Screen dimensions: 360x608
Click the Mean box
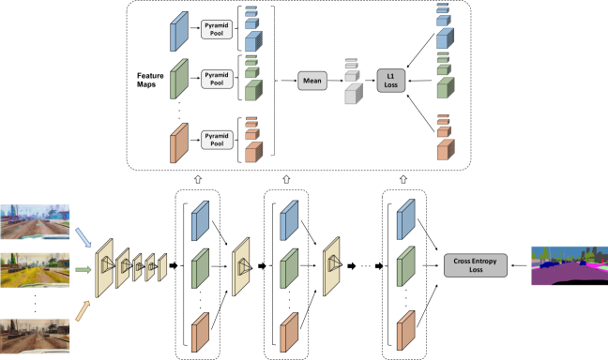point(312,81)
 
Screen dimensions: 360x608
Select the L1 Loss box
point(392,81)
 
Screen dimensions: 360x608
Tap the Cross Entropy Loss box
point(475,265)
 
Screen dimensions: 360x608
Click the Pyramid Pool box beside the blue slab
point(218,29)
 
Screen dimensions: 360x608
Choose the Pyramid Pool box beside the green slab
point(218,78)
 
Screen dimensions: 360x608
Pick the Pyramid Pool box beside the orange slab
point(218,140)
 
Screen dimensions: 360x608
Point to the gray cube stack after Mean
point(353,82)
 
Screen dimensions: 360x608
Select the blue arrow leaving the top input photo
point(84,236)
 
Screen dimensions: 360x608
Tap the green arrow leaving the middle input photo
point(84,271)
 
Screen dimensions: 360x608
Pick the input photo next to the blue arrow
point(35,221)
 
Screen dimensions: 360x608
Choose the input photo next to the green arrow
point(35,270)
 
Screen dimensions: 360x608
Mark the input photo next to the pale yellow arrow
point(35,333)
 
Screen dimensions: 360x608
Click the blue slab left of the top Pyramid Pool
point(178,31)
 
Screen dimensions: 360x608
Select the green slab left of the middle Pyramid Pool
point(178,79)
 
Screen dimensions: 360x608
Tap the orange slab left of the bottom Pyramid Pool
point(178,142)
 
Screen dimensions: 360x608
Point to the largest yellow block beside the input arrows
point(104,268)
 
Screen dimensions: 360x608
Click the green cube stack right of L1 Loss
point(444,77)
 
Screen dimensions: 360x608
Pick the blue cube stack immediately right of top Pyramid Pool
point(252,29)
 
